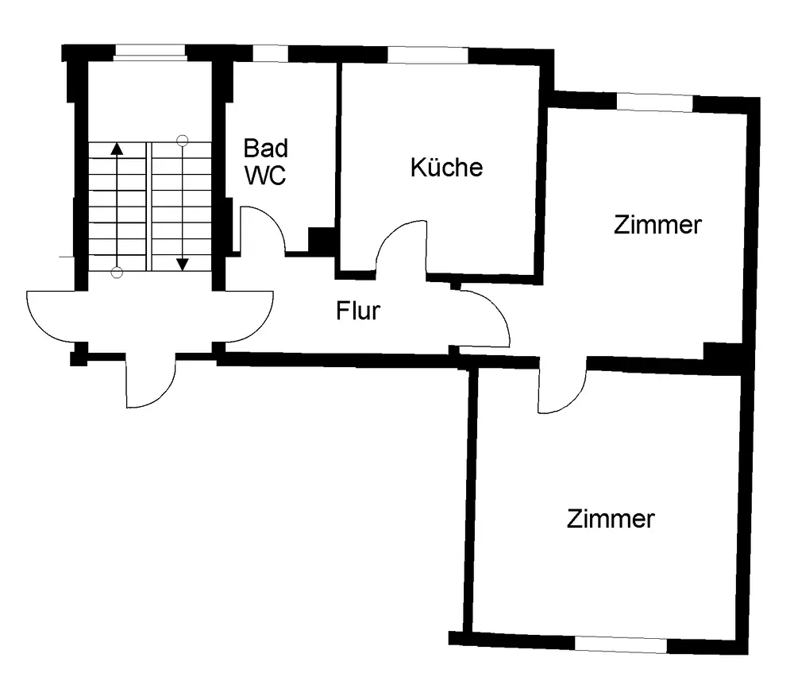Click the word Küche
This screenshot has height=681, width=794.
446,168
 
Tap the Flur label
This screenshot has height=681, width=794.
358,310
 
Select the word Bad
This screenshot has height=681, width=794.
266,149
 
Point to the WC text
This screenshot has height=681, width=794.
265,176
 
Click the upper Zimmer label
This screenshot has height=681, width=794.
657,225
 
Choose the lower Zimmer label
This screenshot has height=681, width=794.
611,520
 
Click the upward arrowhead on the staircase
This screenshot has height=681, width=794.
117,147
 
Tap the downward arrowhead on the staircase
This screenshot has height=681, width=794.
183,264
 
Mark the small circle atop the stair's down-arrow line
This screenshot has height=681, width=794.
183,141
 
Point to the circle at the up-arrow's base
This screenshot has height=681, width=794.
117,273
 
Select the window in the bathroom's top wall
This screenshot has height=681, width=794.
270,53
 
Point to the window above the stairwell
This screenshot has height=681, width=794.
150,53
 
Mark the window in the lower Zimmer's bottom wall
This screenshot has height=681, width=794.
620,644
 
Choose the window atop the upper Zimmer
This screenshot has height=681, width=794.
655,103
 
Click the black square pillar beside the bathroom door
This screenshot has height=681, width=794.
321,240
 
